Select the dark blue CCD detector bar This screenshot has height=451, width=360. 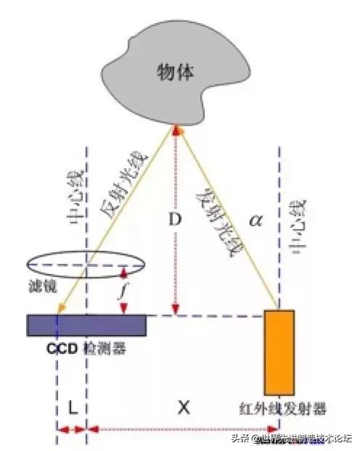pos(86,325)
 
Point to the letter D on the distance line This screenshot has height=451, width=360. pos(173,218)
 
